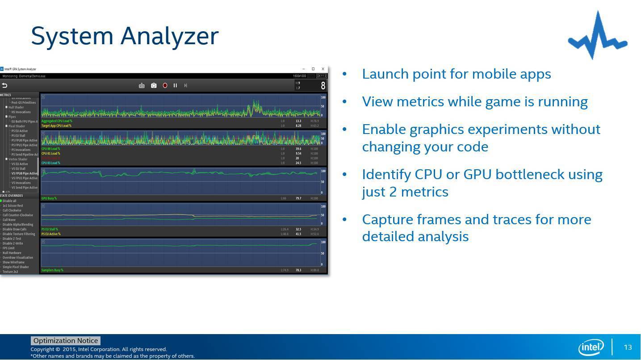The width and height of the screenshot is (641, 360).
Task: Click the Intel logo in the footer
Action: (x=591, y=347)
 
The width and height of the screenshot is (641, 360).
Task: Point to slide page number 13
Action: (x=628, y=347)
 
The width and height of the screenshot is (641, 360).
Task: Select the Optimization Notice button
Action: (x=65, y=341)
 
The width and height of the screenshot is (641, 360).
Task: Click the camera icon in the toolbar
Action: (x=154, y=85)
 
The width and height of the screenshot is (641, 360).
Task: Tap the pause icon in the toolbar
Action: (x=175, y=85)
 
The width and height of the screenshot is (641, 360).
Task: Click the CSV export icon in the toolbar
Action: (x=142, y=85)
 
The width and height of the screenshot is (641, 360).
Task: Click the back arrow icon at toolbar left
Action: (x=4, y=85)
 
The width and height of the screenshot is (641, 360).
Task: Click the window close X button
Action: (x=323, y=69)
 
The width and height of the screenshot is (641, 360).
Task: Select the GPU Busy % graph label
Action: (x=49, y=198)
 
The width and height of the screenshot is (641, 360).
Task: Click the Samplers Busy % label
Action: (x=52, y=270)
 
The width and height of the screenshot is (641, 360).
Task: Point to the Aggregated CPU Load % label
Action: (x=57, y=121)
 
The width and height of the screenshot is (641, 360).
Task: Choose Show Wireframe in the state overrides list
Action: (x=13, y=262)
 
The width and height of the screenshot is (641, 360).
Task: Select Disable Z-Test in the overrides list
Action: (x=12, y=239)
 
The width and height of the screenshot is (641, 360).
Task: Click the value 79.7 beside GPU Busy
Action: (x=298, y=198)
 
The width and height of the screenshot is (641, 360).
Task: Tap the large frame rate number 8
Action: (x=323, y=85)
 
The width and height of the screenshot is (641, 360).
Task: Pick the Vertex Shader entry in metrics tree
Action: (x=18, y=159)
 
